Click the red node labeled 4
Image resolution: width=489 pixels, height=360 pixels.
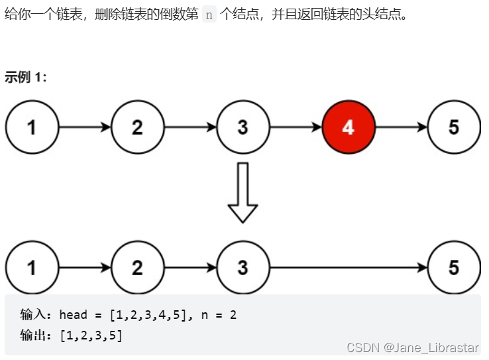click(x=349, y=127)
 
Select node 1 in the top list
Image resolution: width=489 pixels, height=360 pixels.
click(x=32, y=127)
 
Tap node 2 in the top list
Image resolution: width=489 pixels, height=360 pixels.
click(x=137, y=127)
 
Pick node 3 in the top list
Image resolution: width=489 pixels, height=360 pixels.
click(x=243, y=127)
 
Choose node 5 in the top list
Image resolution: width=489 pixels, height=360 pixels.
click(x=454, y=127)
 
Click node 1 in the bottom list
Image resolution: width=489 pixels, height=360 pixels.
click(x=32, y=267)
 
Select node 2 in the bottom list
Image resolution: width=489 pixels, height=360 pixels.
click(x=137, y=267)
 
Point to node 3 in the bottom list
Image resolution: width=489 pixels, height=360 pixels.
click(x=243, y=267)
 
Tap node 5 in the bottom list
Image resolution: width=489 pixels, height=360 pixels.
click(x=454, y=267)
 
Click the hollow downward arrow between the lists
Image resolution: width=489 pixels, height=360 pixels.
click(x=243, y=192)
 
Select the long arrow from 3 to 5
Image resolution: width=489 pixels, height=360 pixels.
click(x=349, y=267)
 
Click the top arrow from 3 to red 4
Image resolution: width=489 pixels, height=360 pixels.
click(x=296, y=127)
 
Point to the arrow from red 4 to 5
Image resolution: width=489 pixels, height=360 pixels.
click(x=402, y=127)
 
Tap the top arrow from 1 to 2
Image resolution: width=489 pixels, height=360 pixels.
click(x=84, y=127)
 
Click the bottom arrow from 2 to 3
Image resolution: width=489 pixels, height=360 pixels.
click(x=190, y=267)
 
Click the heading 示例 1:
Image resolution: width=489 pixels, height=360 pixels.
click(x=26, y=77)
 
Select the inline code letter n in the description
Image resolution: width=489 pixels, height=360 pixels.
click(x=209, y=15)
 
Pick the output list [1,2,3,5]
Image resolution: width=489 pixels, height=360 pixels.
click(x=91, y=335)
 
